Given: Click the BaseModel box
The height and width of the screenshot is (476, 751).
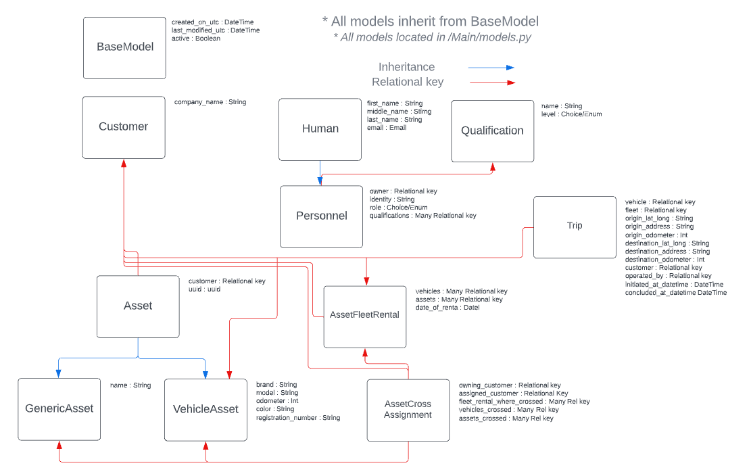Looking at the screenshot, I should [x=124, y=47].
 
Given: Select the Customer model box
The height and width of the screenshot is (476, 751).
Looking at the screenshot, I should [x=123, y=127].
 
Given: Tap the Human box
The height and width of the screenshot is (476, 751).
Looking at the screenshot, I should [x=320, y=129].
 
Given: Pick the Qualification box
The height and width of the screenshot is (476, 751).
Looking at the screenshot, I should [x=492, y=131].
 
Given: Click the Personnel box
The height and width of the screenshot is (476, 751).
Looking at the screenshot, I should [x=321, y=216].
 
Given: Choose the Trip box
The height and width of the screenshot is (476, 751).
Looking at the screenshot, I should [x=575, y=227].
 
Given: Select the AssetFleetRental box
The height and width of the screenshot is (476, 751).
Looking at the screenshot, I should [x=364, y=315].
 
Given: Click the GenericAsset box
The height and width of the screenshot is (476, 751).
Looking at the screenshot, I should [x=59, y=409].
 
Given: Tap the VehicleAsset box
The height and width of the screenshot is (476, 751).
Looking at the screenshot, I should [x=205, y=409].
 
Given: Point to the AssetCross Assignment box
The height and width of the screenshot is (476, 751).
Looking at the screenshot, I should [x=408, y=410].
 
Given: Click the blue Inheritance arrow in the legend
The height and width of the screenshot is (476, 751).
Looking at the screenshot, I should [x=491, y=68].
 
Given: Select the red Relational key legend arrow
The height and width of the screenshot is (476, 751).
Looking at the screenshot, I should [x=491, y=82].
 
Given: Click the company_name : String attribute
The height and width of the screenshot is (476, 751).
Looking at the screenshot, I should [x=210, y=102].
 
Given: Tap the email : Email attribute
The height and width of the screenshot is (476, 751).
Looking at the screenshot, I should [x=387, y=128].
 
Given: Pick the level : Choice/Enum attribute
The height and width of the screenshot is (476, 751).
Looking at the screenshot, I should [x=571, y=114].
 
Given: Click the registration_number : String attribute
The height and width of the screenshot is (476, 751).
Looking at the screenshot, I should [x=297, y=418].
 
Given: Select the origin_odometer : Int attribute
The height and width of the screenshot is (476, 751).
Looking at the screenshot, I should [x=656, y=235].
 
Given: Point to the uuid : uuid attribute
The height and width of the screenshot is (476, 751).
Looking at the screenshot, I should [x=204, y=289].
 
